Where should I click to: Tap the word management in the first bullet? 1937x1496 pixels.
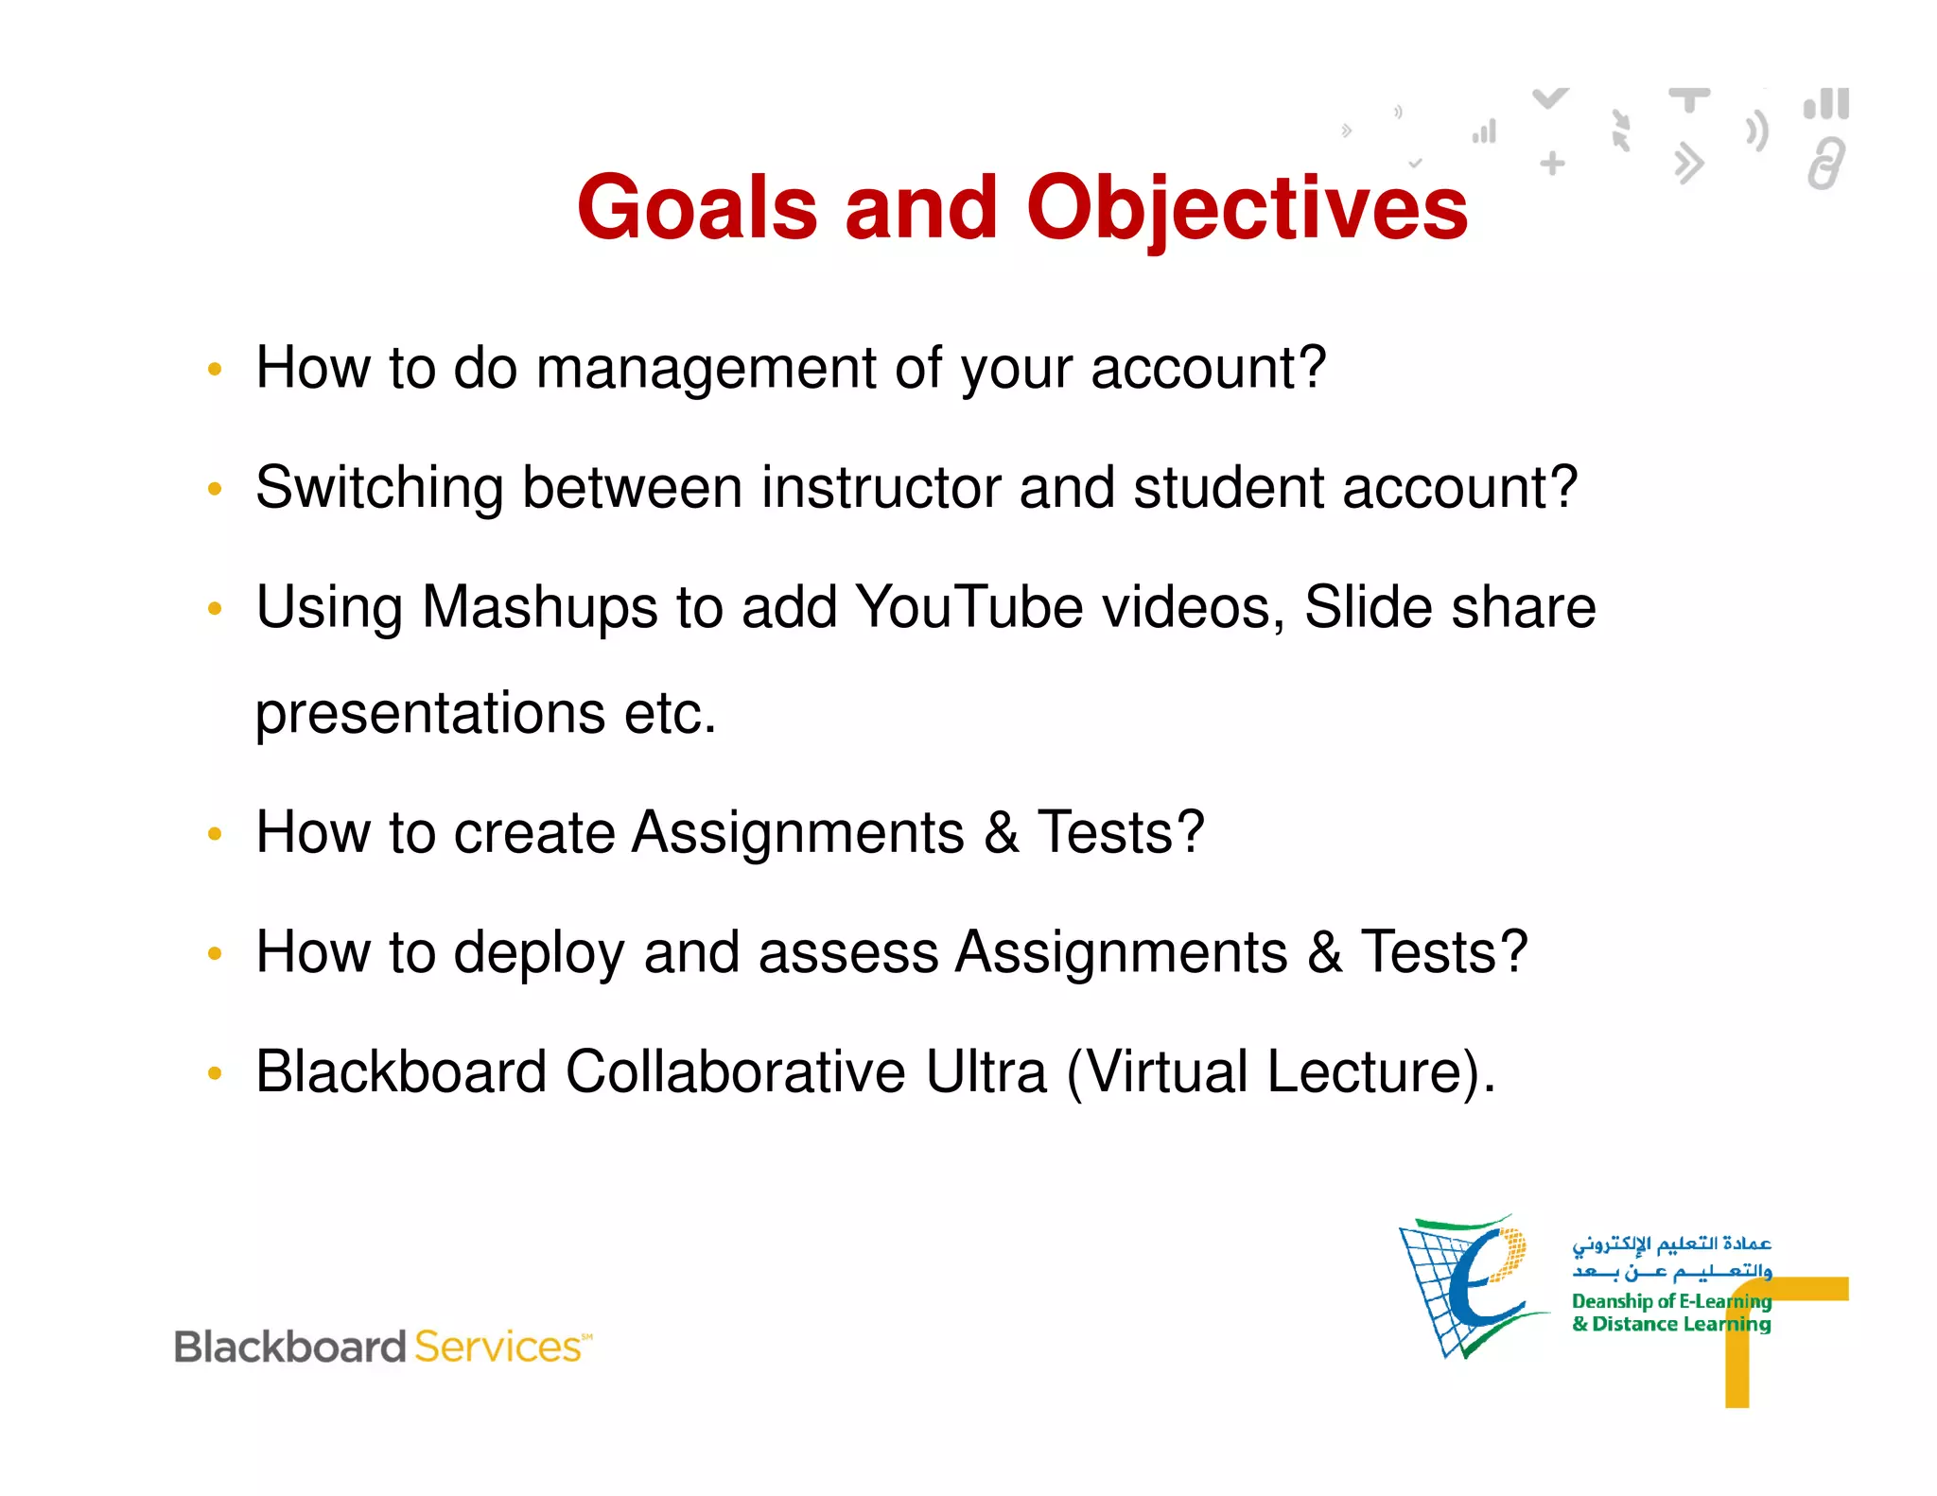click(x=706, y=369)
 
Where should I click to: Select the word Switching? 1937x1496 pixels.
click(x=379, y=489)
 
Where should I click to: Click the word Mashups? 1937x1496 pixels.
click(x=539, y=608)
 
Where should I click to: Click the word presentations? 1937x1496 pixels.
click(x=429, y=714)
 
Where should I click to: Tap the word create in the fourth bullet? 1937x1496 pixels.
click(x=534, y=833)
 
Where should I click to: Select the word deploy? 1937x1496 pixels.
click(x=538, y=953)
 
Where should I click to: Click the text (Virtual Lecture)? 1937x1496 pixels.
click(x=1281, y=1072)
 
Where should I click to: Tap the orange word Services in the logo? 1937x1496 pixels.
click(x=497, y=1347)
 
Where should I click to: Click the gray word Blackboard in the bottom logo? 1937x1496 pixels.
click(x=290, y=1347)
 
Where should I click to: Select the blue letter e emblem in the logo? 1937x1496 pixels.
click(x=1475, y=1286)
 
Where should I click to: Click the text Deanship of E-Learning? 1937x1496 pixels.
click(x=1670, y=1301)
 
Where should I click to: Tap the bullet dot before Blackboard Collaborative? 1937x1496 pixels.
click(x=215, y=1073)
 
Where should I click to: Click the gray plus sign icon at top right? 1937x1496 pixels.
click(x=1552, y=164)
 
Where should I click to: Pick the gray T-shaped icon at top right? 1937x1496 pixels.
click(x=1689, y=99)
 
